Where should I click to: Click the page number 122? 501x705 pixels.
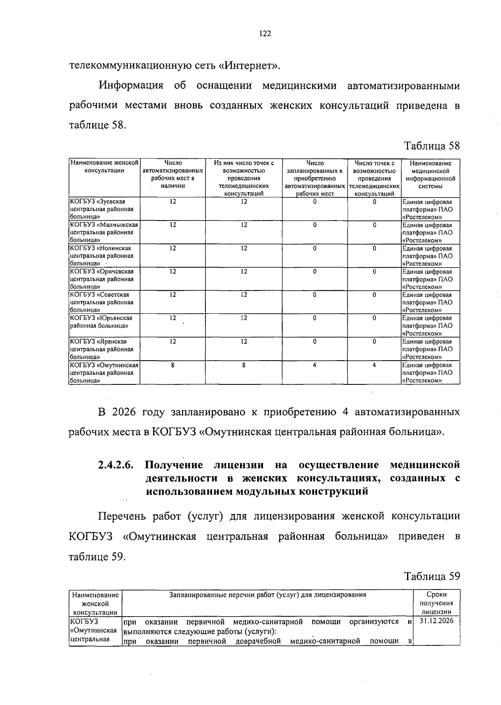(x=265, y=34)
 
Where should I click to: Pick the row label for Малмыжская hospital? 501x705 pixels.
(x=104, y=232)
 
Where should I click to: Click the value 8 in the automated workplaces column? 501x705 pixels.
(x=172, y=365)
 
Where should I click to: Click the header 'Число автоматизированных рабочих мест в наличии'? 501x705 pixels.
(x=173, y=175)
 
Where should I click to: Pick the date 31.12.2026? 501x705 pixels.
(x=436, y=621)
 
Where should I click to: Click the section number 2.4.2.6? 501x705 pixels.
(x=116, y=465)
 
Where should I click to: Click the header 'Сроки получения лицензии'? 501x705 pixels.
(x=436, y=603)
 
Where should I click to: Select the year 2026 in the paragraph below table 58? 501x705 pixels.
(x=124, y=412)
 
